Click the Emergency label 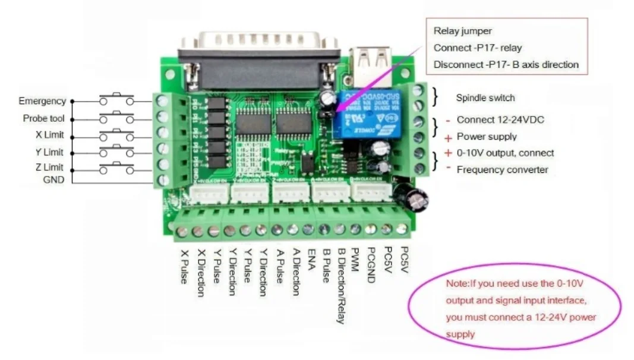pyautogui.click(x=42, y=102)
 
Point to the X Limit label pyautogui.click(x=49, y=135)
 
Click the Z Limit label pyautogui.click(x=49, y=168)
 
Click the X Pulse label pyautogui.click(x=184, y=266)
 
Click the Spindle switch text pyautogui.click(x=485, y=97)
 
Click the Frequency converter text pyautogui.click(x=502, y=170)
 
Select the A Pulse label pyautogui.click(x=279, y=266)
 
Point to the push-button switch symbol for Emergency pyautogui.click(x=117, y=99)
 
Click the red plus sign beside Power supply pyautogui.click(x=449, y=138)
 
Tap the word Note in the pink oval pyautogui.click(x=456, y=284)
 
